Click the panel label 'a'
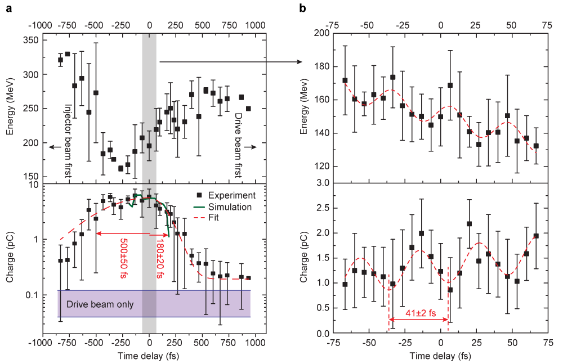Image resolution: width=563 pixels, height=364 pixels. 8,8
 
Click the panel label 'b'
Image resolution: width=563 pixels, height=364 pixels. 302,8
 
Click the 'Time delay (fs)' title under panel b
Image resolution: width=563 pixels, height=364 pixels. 440,356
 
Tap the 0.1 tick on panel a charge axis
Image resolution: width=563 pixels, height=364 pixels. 30,295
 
